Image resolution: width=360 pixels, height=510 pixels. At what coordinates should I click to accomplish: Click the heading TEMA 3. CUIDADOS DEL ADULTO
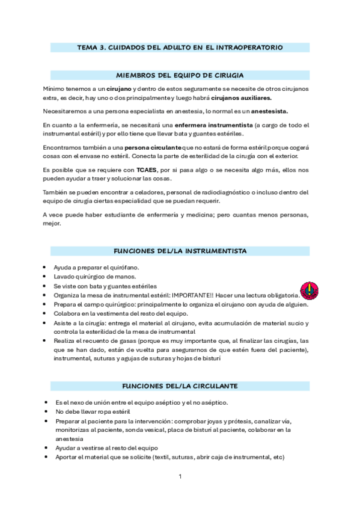(x=180, y=46)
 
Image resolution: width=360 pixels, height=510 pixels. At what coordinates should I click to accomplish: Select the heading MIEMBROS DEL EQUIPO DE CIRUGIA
(x=180, y=75)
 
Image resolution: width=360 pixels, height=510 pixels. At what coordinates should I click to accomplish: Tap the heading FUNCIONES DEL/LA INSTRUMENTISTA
(x=180, y=250)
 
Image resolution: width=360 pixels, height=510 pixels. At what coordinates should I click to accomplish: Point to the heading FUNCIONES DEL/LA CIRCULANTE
(x=180, y=386)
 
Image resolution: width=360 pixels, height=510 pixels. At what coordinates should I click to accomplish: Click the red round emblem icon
(x=309, y=292)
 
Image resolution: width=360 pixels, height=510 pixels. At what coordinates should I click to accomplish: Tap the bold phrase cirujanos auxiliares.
(x=241, y=98)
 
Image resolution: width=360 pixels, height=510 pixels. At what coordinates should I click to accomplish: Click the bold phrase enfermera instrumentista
(x=209, y=124)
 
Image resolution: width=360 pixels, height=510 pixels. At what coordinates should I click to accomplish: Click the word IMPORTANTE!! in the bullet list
(x=197, y=295)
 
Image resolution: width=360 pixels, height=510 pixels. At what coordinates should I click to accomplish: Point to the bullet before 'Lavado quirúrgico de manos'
(x=46, y=277)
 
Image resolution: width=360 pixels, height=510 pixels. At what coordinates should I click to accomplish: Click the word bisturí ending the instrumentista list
(x=210, y=358)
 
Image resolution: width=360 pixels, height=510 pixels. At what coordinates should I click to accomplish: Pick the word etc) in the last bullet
(x=278, y=456)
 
